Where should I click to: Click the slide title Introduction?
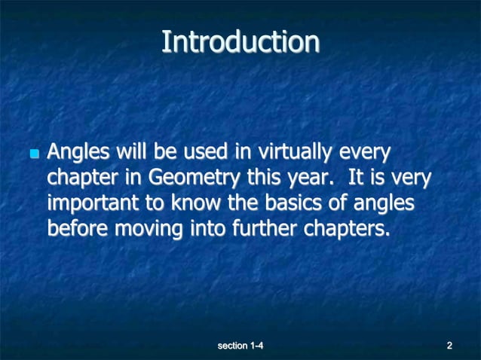[x=240, y=41]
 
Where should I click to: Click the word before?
[x=78, y=229]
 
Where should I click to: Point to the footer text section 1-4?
[x=240, y=346]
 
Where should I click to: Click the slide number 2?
[x=449, y=346]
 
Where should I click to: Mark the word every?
[x=364, y=153]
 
